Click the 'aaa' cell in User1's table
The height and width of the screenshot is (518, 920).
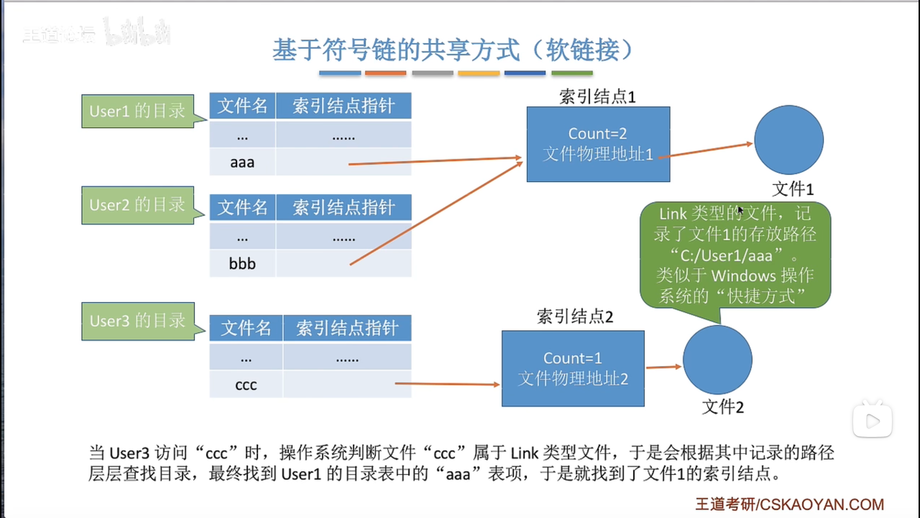click(242, 162)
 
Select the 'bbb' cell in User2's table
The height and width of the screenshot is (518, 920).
click(242, 263)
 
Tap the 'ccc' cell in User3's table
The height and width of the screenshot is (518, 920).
click(246, 385)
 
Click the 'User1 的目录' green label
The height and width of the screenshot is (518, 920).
click(138, 111)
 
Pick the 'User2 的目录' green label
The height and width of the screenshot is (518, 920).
click(138, 205)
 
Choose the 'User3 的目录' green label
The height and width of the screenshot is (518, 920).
click(138, 321)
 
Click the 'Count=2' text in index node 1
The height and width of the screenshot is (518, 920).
click(598, 133)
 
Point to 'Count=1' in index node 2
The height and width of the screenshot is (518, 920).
click(573, 358)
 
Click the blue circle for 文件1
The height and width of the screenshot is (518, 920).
click(789, 140)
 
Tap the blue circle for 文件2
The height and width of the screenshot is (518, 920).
click(717, 360)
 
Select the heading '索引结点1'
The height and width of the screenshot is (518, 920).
click(598, 97)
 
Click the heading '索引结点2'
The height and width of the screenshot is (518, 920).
click(575, 317)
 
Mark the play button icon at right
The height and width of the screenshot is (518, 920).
click(873, 421)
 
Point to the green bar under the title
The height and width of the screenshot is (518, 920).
click(572, 73)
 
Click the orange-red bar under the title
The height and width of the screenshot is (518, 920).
click(385, 73)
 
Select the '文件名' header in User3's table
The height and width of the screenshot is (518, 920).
click(246, 328)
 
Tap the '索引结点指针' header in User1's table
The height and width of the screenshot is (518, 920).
click(344, 106)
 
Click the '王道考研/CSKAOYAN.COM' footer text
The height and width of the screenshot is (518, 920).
click(790, 504)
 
